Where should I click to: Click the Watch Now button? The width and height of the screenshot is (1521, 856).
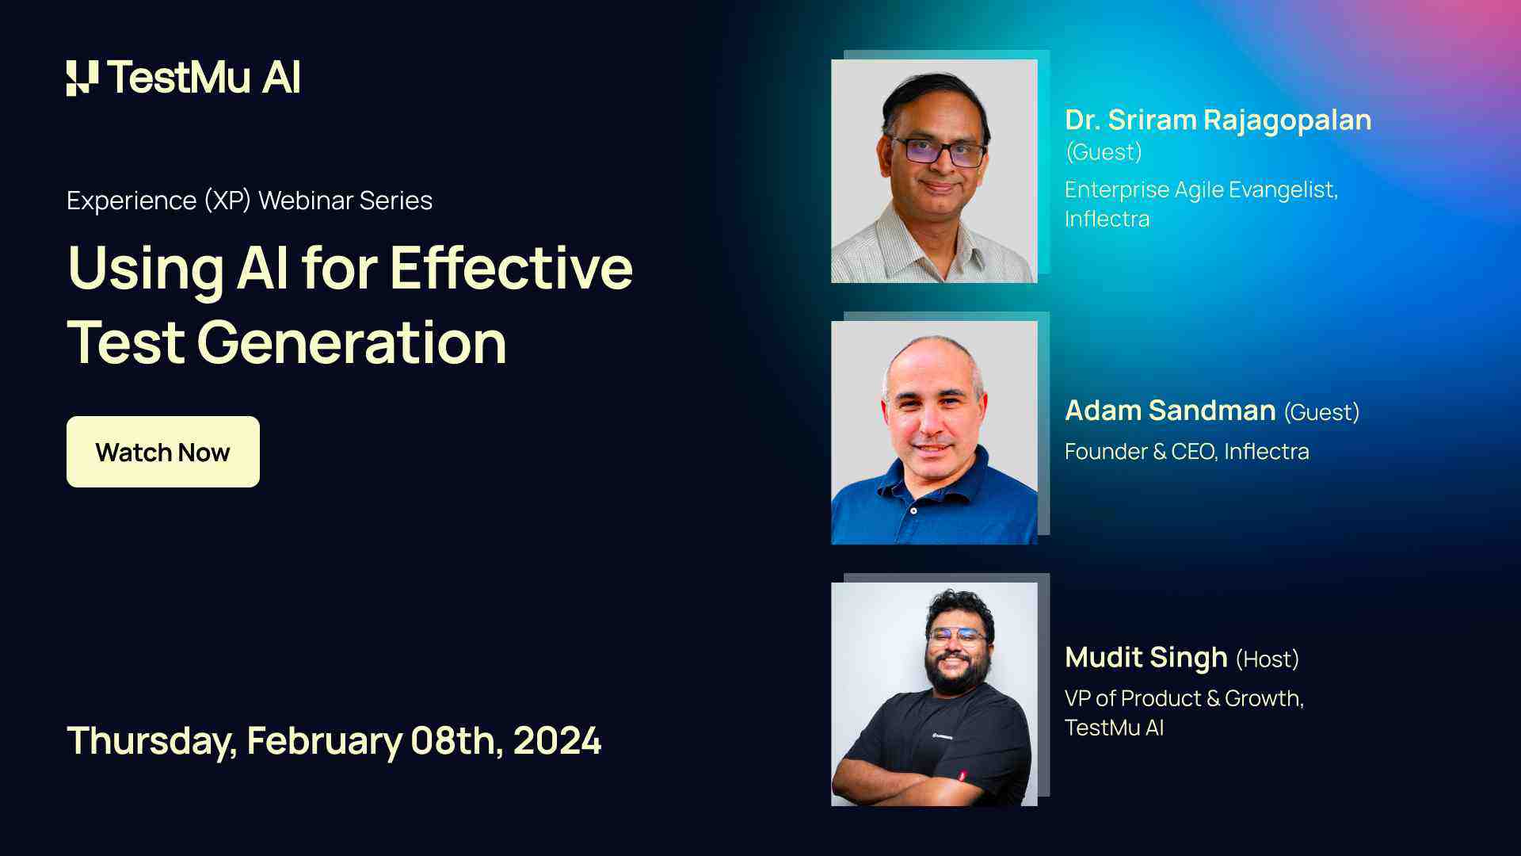click(x=162, y=452)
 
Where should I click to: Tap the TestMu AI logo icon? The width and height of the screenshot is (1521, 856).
click(x=82, y=78)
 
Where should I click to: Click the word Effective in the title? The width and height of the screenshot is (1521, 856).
click(x=511, y=268)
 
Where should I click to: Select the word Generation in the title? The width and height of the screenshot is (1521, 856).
click(x=352, y=342)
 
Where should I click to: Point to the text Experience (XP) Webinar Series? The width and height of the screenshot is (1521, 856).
click(x=250, y=201)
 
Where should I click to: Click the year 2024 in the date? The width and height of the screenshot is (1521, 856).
click(x=557, y=740)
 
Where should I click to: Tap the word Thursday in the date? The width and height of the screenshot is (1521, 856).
click(x=151, y=740)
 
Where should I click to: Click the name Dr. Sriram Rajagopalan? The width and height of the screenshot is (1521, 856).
click(x=1218, y=120)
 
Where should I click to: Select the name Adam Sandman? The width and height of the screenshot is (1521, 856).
click(x=1170, y=411)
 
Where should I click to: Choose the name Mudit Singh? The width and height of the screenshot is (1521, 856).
click(x=1146, y=657)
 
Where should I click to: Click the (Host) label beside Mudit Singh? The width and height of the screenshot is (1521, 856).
click(x=1267, y=659)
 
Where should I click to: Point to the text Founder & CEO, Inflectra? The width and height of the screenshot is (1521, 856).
click(x=1186, y=451)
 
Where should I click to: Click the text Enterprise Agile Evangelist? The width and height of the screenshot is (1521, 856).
click(x=1201, y=190)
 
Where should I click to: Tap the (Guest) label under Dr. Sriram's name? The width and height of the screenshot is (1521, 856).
click(x=1104, y=152)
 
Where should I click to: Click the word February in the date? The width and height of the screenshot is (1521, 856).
click(x=325, y=740)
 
